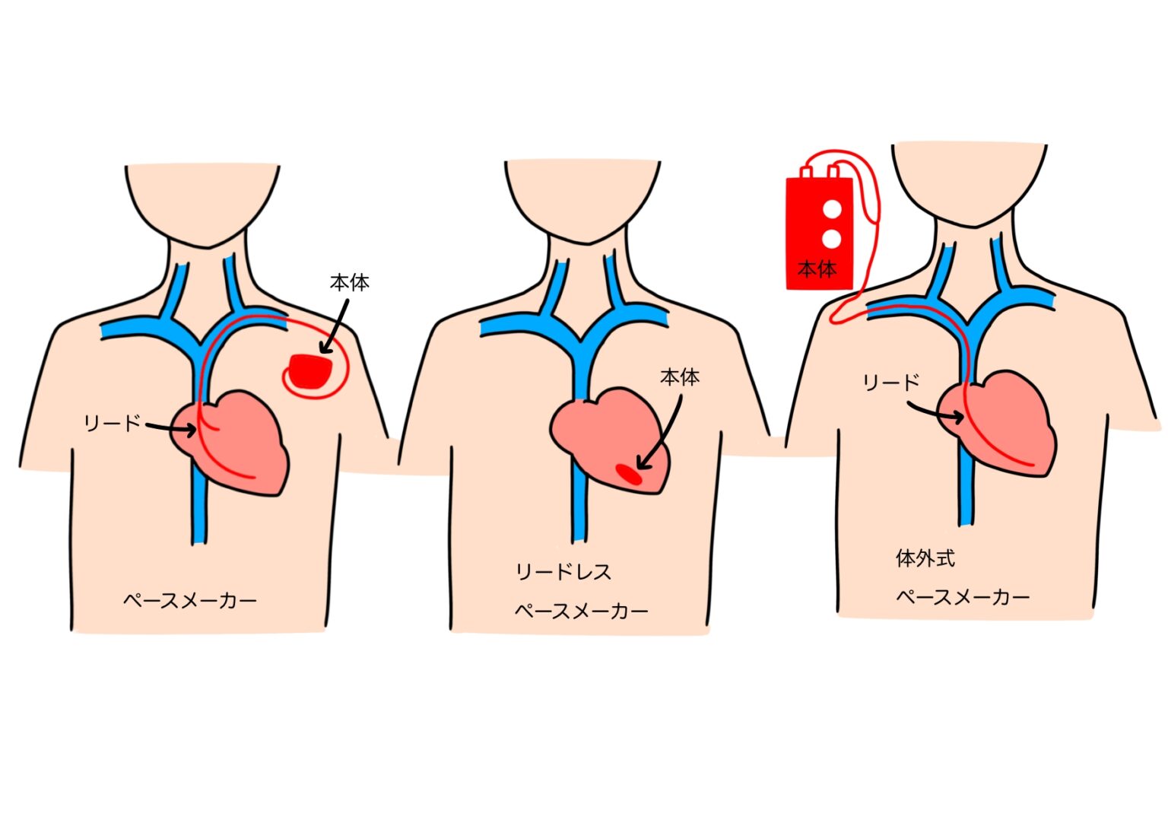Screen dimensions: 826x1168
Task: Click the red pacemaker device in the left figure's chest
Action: tap(310, 370)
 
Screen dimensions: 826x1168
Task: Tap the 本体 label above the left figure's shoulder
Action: tap(349, 283)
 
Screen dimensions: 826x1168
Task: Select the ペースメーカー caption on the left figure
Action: tap(190, 601)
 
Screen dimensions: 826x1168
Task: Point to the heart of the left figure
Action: tap(240, 441)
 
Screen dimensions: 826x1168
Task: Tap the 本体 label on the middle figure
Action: tap(679, 377)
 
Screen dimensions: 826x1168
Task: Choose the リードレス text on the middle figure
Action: tap(563, 572)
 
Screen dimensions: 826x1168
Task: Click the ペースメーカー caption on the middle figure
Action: tap(581, 611)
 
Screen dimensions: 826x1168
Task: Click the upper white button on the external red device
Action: tap(832, 208)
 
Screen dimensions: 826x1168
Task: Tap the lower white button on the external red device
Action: tap(832, 239)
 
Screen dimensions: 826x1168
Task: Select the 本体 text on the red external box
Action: tap(817, 268)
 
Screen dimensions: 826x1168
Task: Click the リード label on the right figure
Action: tap(890, 383)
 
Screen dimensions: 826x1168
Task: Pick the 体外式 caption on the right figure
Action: tap(925, 558)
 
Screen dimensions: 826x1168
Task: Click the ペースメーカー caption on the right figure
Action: tap(963, 597)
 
